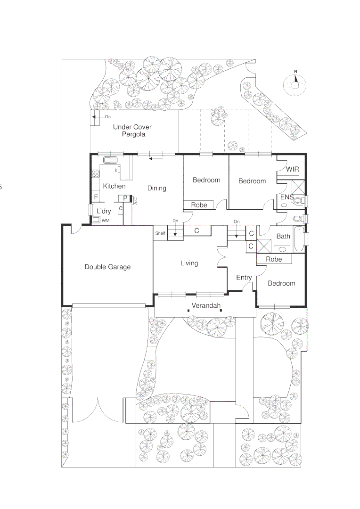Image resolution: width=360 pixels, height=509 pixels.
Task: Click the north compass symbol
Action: (295, 84)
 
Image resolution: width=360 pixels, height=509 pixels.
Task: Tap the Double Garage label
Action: (107, 267)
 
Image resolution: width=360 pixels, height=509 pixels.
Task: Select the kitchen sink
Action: (110, 159)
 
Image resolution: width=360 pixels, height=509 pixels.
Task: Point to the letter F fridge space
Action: (96, 197)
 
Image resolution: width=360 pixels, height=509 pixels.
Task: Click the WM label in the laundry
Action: (106, 220)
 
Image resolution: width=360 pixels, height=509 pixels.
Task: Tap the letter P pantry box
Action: (125, 198)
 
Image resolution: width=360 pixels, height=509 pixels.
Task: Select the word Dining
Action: (156, 188)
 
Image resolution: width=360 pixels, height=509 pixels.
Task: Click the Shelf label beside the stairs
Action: (160, 233)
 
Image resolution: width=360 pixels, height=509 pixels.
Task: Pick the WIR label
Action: (292, 169)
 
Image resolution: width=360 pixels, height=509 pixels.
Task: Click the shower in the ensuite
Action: (298, 186)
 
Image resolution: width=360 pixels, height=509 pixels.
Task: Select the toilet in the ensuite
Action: (297, 201)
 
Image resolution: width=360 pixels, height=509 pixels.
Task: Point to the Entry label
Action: (244, 278)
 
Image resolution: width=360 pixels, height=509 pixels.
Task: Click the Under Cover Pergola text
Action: (132, 131)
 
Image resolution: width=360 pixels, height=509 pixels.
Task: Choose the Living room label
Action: (189, 263)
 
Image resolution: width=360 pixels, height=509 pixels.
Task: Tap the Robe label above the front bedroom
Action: (274, 259)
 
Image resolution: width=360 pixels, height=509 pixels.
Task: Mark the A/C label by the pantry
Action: (135, 201)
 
